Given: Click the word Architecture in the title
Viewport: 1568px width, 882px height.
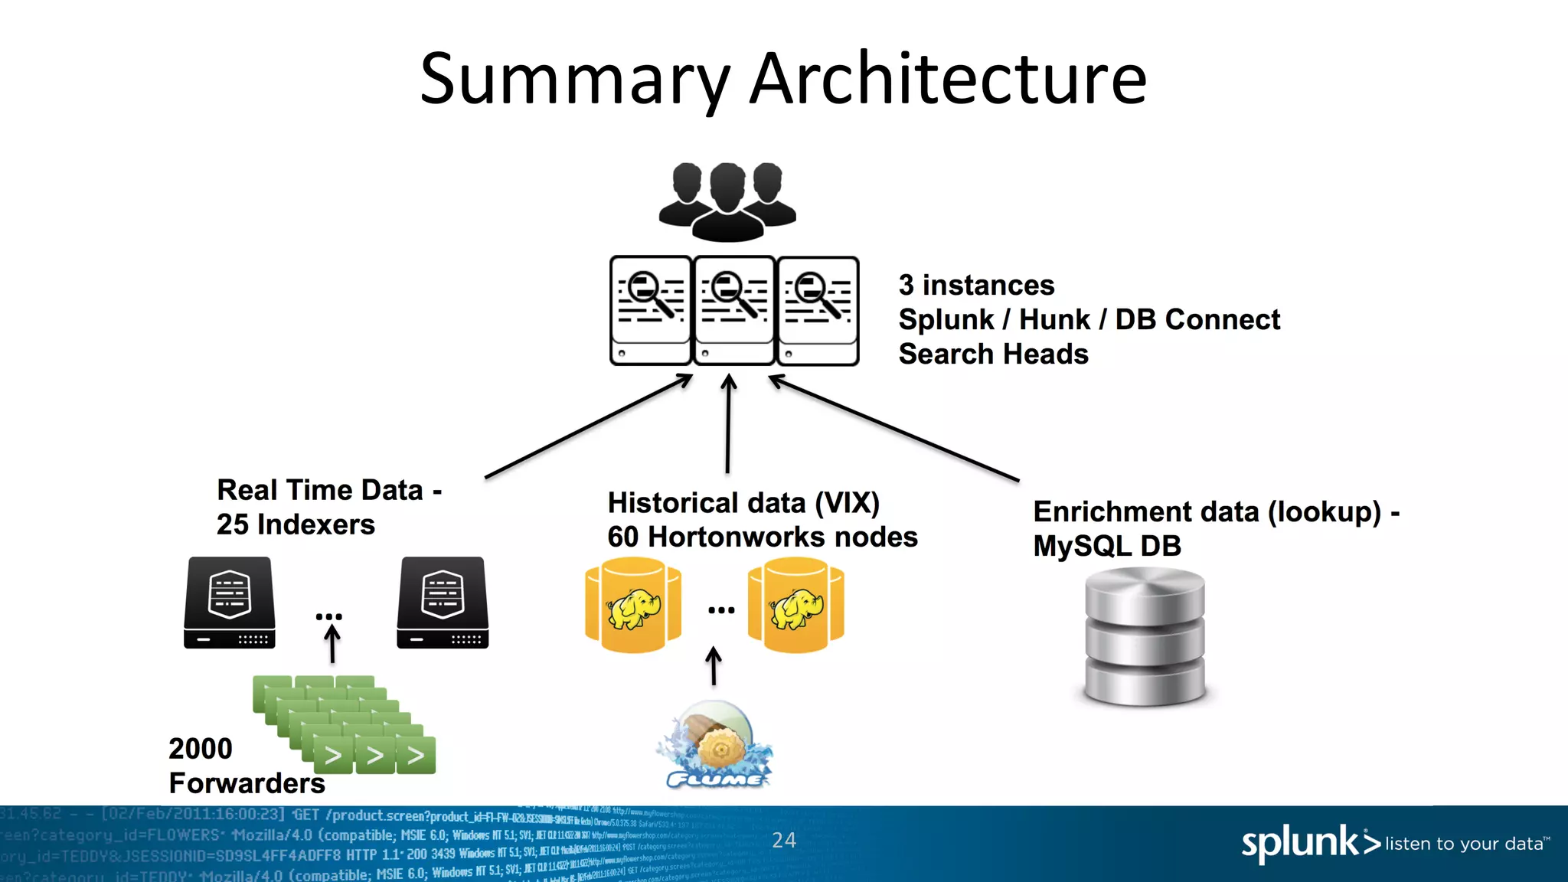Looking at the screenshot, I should click(x=948, y=78).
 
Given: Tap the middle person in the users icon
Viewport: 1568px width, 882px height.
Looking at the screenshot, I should click(x=727, y=202).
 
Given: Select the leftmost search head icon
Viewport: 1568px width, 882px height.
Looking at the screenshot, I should click(x=651, y=310).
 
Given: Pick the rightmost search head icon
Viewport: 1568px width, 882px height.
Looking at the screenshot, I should click(x=818, y=310).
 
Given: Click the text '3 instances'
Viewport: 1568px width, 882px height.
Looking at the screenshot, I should click(x=976, y=285).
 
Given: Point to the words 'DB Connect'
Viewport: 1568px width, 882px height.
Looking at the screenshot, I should click(x=1197, y=319).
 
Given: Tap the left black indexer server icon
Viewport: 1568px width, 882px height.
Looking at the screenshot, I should click(x=230, y=603).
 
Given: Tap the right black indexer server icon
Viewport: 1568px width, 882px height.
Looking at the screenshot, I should click(x=443, y=603).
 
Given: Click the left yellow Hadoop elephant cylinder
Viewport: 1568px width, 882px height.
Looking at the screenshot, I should click(x=632, y=605).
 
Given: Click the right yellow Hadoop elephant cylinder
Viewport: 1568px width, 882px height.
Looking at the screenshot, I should click(x=795, y=605).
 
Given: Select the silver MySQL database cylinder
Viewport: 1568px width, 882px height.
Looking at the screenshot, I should click(x=1145, y=635).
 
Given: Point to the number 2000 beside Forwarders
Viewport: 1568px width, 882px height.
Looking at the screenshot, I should click(x=200, y=748).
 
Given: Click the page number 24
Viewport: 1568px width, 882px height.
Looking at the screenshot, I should click(x=783, y=840).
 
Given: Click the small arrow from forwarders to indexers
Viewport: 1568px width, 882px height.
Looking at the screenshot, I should click(x=332, y=643).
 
